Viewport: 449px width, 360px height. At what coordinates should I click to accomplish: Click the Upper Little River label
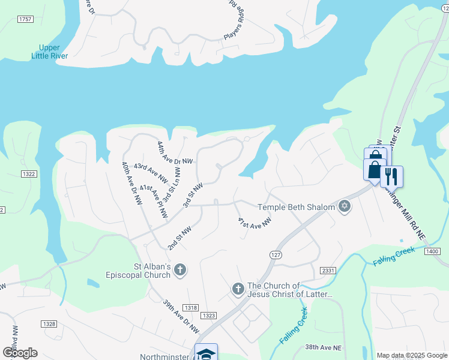point(50,52)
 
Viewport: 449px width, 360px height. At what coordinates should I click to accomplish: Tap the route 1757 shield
point(25,19)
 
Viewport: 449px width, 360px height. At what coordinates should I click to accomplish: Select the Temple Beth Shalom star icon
point(344,206)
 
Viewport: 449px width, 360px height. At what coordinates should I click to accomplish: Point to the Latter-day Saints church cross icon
point(238,290)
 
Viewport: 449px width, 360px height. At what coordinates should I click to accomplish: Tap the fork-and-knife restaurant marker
point(391,176)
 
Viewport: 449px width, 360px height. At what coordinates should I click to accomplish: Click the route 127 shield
point(276,254)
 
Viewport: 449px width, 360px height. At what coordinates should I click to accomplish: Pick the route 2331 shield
point(327,271)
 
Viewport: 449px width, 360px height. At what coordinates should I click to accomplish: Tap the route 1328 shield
point(49,324)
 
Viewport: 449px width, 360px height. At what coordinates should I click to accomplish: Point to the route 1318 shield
point(190,307)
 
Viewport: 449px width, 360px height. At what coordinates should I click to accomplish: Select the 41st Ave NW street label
point(255,223)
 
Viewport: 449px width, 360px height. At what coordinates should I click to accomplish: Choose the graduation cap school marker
point(206,353)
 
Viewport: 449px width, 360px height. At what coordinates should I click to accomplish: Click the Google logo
point(20,353)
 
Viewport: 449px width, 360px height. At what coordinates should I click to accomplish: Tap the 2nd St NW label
point(179,238)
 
